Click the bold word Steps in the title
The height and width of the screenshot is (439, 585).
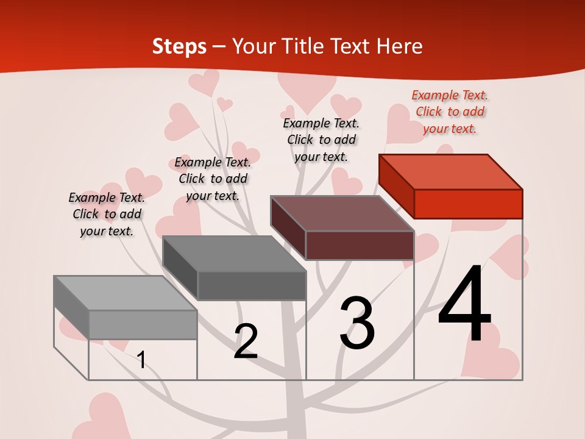(179, 46)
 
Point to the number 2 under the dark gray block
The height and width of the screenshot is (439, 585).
(246, 341)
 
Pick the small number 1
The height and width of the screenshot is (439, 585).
(141, 360)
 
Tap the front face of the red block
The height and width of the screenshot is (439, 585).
(468, 204)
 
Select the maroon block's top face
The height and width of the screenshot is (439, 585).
(342, 213)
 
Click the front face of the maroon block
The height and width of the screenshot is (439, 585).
(360, 245)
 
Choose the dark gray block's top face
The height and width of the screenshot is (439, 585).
(234, 254)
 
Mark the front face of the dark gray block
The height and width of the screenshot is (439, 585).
(252, 285)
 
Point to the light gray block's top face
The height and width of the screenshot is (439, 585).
(126, 293)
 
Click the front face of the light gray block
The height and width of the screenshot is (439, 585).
(143, 324)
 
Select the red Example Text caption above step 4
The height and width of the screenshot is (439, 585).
(450, 112)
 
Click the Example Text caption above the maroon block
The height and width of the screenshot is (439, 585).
(321, 140)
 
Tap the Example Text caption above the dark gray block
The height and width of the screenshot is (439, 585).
(213, 179)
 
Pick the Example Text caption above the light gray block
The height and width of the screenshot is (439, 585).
(107, 214)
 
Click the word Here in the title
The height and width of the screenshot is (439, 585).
(399, 46)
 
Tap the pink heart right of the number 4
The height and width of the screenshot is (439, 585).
(511, 256)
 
